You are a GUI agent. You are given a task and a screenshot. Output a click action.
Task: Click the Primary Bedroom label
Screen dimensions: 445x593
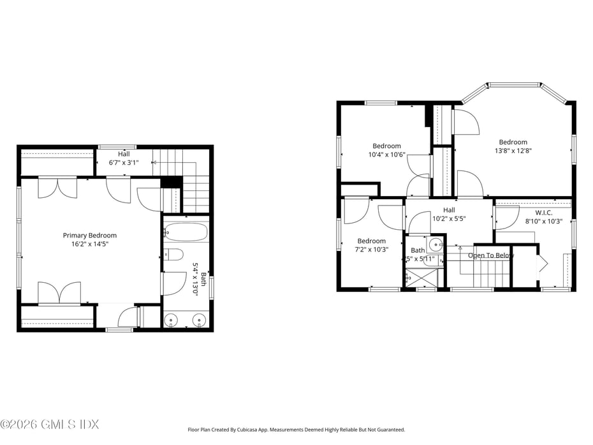(x=89, y=236)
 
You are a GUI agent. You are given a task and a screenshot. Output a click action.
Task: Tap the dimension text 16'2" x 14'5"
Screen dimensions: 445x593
(x=89, y=244)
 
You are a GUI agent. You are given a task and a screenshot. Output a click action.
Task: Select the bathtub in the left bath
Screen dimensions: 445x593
(x=186, y=231)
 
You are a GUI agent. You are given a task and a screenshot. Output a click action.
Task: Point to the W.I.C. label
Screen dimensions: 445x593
(x=543, y=213)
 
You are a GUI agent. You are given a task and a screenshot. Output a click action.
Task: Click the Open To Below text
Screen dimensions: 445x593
(x=490, y=255)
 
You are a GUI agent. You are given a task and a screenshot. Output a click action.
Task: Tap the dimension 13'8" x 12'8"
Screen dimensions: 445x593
(x=513, y=151)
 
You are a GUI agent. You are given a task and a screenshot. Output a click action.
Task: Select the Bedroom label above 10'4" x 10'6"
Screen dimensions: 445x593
(x=386, y=146)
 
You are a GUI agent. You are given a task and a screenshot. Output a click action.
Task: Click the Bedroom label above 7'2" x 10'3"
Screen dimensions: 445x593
(x=371, y=241)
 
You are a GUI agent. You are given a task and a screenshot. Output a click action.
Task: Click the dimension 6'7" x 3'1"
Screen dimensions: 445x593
(x=123, y=162)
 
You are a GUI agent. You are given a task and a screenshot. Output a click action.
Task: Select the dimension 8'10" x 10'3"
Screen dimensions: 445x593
(x=543, y=221)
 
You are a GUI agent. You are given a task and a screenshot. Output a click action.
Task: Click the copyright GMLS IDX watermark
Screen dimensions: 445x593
(x=50, y=424)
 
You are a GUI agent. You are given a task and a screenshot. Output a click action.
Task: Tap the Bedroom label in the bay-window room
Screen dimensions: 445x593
(x=513, y=142)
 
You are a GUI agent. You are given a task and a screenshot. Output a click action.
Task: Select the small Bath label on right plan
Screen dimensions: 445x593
(x=418, y=250)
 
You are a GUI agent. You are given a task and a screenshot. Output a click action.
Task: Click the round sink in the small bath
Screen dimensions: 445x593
(x=436, y=244)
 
